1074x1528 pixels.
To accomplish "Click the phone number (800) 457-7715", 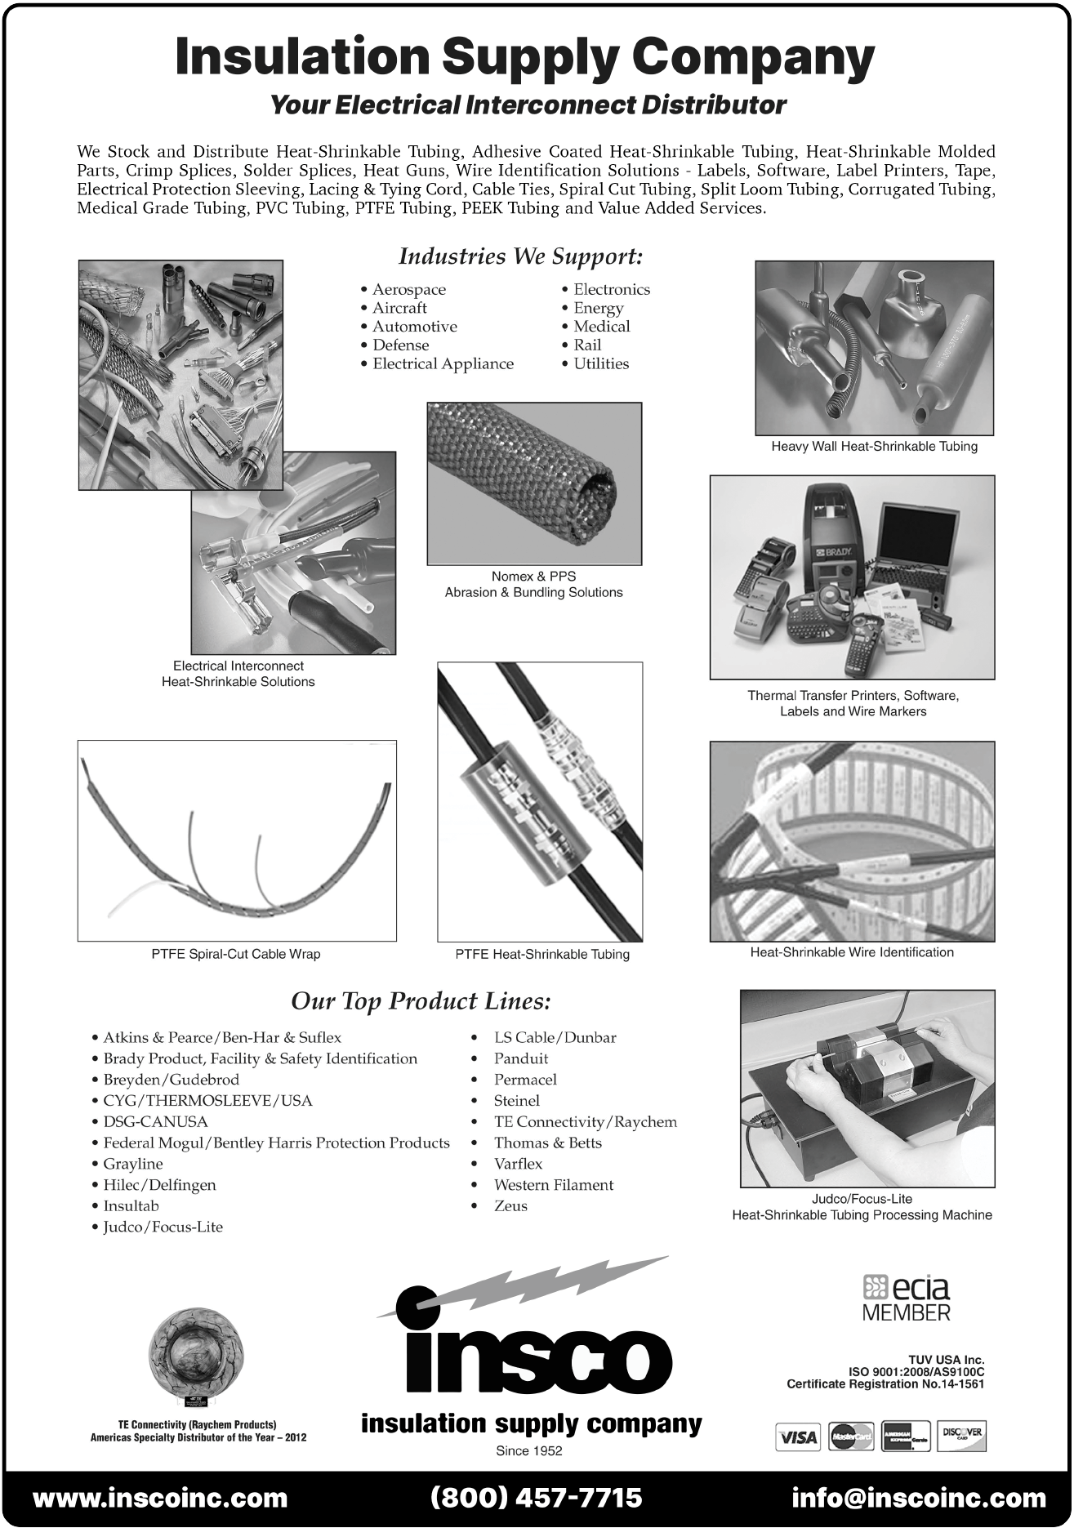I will tap(537, 1498).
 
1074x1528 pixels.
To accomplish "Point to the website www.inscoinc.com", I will tap(160, 1498).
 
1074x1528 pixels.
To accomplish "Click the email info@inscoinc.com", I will tap(919, 1498).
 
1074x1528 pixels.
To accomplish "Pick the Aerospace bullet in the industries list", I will tap(408, 290).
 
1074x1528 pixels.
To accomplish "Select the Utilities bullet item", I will tap(600, 364).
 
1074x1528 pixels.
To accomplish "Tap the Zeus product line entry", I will tap(510, 1206).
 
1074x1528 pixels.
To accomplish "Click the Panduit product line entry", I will tap(520, 1059).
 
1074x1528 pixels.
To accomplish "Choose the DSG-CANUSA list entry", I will tap(155, 1122).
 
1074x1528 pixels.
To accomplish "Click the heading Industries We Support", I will tap(520, 256).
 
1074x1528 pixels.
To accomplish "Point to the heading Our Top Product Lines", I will tap(421, 1001).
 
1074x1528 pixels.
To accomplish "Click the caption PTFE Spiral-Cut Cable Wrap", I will tap(235, 954).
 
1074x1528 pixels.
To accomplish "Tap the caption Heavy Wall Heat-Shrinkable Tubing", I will tap(874, 447).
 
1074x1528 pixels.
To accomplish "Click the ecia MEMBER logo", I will tap(907, 1298).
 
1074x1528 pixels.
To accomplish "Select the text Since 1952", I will tap(529, 1451).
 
